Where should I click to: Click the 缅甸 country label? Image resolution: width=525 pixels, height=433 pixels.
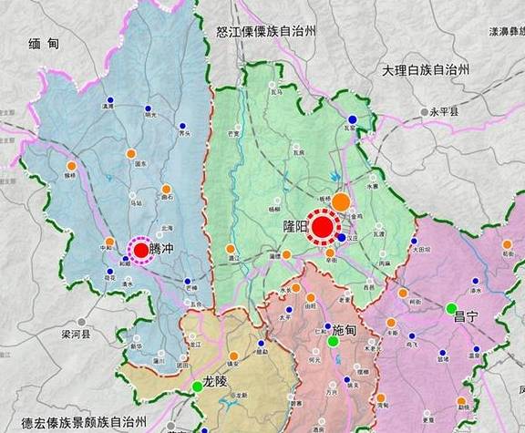(43, 43)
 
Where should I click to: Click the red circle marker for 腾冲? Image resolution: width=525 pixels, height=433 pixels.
(140, 250)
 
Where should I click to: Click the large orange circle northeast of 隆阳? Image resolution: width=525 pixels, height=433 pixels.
(340, 202)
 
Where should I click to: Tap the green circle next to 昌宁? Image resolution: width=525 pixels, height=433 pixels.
(450, 308)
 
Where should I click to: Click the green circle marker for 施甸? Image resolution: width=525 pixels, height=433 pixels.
(333, 342)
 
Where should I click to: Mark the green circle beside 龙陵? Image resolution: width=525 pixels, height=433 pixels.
(197, 387)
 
